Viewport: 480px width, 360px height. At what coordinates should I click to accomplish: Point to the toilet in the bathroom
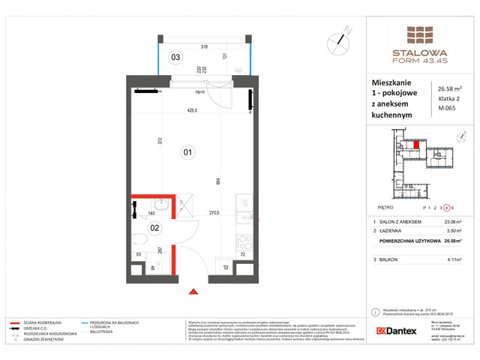click(x=141, y=241)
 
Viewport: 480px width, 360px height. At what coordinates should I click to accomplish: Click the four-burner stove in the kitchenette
click(x=243, y=244)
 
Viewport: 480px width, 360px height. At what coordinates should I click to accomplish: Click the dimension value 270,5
click(x=213, y=213)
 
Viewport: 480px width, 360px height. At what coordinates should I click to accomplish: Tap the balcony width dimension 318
click(x=204, y=46)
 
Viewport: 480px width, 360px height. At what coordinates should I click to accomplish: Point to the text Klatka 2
click(x=449, y=104)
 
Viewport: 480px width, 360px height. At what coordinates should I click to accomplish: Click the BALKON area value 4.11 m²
click(x=454, y=259)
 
